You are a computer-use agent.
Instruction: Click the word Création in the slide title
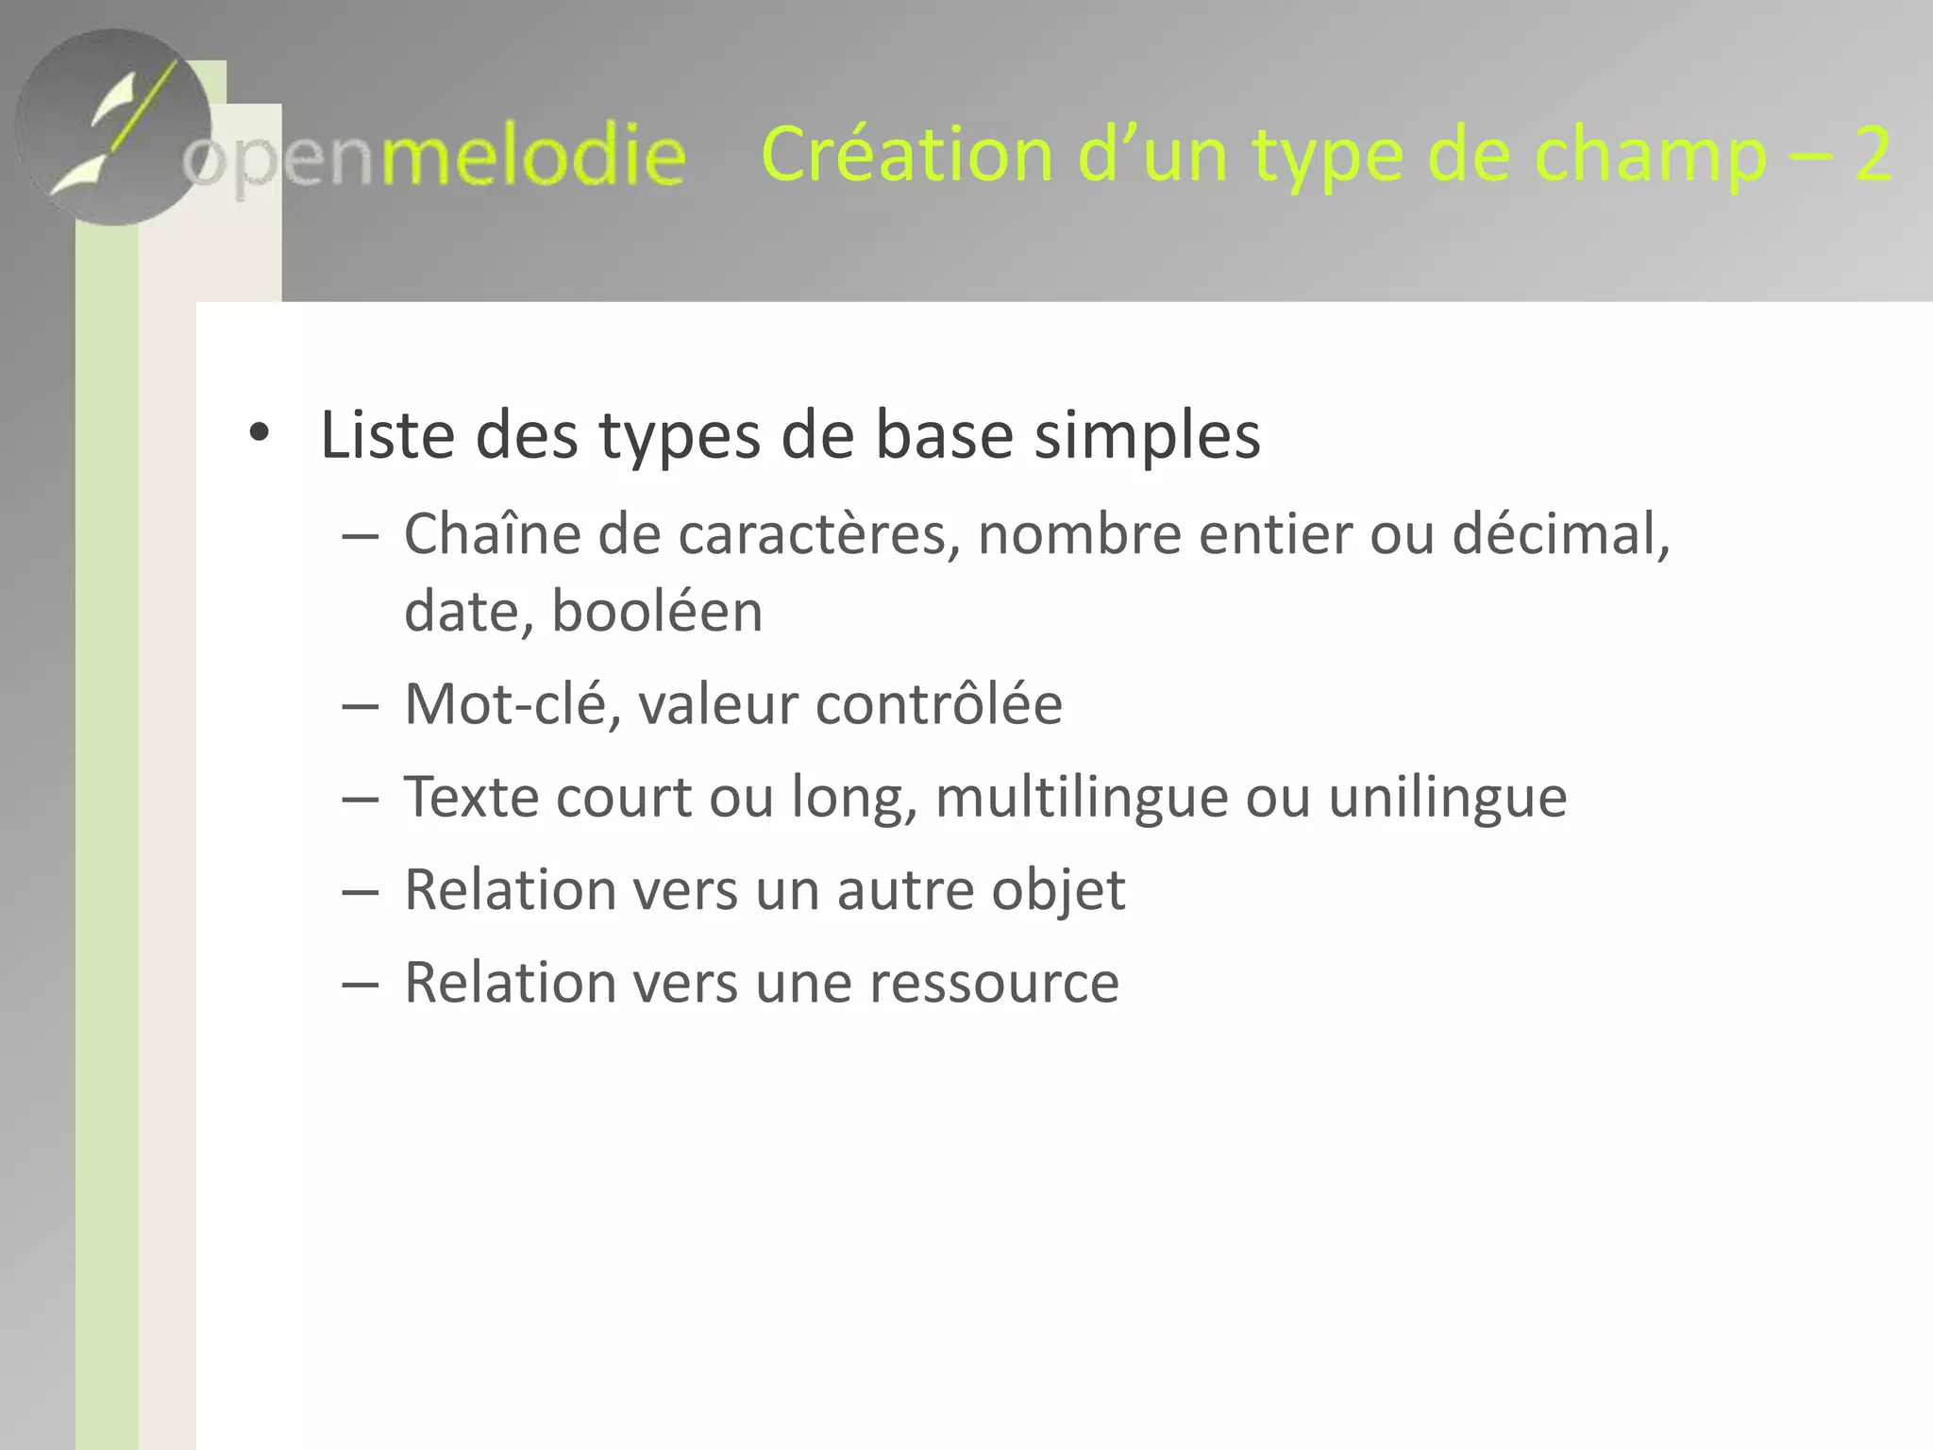(906, 154)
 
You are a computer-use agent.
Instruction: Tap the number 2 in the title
(1872, 154)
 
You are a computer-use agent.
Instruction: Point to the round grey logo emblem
(113, 127)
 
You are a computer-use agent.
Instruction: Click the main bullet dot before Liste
(259, 433)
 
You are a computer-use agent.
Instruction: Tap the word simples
(1147, 437)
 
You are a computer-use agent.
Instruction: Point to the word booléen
(657, 612)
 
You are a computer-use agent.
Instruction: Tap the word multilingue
(1082, 798)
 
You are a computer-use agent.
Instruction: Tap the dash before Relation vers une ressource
(360, 984)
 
